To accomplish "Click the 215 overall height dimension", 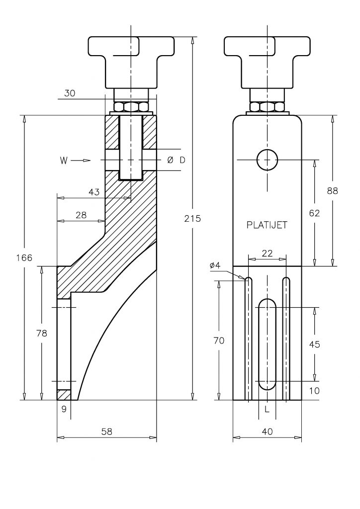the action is coord(192,219).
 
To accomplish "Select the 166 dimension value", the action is coord(24,258).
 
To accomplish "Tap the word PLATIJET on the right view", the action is coord(267,225).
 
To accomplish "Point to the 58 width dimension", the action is coord(107,431).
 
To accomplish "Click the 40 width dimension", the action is coord(267,431).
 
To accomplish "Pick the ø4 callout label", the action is coord(215,265).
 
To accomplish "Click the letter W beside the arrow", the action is coord(64,161).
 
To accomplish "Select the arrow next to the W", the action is coord(81,161).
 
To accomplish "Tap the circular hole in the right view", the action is coord(267,160).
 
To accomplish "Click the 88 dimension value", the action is coord(333,190).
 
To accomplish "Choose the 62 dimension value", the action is coord(314,213).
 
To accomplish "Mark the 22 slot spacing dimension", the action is coord(267,253).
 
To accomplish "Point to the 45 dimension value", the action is coord(314,344).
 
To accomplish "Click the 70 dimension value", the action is coord(219,340).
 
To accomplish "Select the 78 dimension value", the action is coord(42,333).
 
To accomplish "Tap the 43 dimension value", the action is coord(94,192).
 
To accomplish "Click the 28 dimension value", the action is coord(81,215).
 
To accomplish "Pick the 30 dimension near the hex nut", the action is coord(70,93).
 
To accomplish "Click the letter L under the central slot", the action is coord(267,410).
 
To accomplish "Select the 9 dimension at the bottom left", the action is coord(64,409).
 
